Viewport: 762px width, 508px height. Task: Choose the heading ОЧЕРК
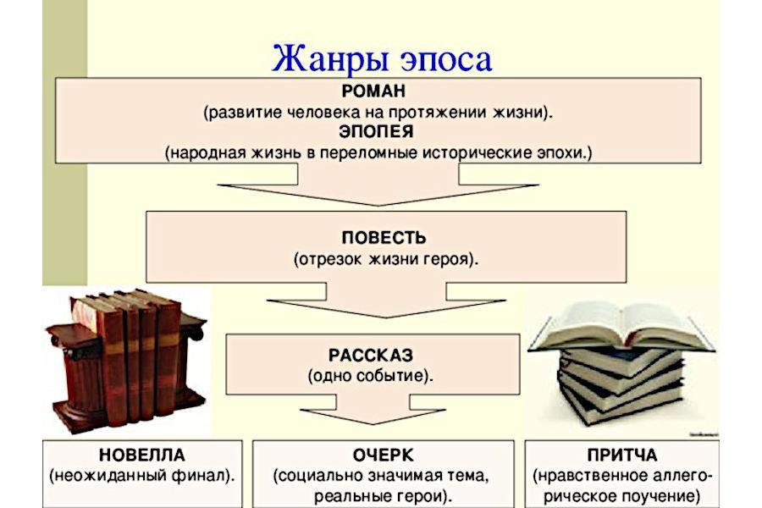(383, 454)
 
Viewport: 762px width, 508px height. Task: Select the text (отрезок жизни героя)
(385, 259)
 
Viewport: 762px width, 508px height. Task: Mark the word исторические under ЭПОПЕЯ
(471, 153)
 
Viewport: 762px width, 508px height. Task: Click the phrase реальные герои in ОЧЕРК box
(383, 495)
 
